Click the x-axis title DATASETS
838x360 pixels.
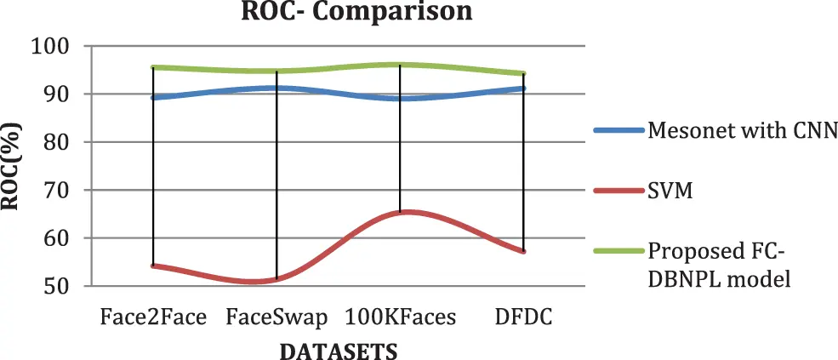339,350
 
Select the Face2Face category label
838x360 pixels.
153,318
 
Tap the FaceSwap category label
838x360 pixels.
276,318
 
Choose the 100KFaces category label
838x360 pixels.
401,318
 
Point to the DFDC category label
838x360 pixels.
524,318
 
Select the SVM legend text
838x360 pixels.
670,191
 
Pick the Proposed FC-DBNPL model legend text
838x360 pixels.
720,264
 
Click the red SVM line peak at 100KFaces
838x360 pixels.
401,212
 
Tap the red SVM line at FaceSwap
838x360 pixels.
276,279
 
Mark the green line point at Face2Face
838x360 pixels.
153,67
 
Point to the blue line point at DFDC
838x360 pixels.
524,89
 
